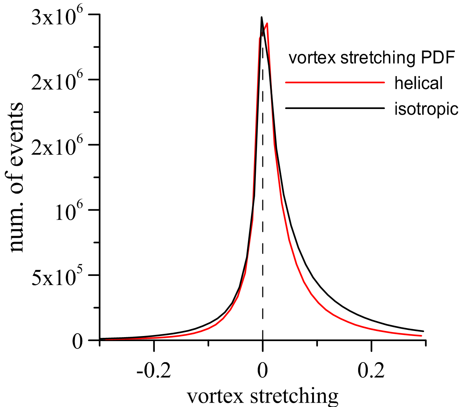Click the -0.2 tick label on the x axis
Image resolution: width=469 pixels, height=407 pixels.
coord(154,371)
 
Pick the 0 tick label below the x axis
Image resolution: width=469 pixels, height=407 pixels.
coord(262,371)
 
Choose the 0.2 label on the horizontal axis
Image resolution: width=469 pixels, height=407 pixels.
coord(371,371)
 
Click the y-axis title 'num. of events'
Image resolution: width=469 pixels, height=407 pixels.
coord(14,177)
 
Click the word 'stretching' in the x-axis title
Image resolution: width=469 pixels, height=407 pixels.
coord(294,397)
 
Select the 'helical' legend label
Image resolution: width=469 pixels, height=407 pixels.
coord(418,83)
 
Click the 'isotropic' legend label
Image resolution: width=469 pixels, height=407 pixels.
coord(426,109)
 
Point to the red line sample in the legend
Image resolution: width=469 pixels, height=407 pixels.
coord(335,82)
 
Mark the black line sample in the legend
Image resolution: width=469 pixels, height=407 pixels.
coord(335,108)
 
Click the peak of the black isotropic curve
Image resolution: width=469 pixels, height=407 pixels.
coord(262,17)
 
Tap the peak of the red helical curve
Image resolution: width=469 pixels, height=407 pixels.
coord(267,24)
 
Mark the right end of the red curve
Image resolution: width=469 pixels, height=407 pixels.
coord(421,336)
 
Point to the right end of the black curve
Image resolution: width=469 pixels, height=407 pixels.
coord(423,331)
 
